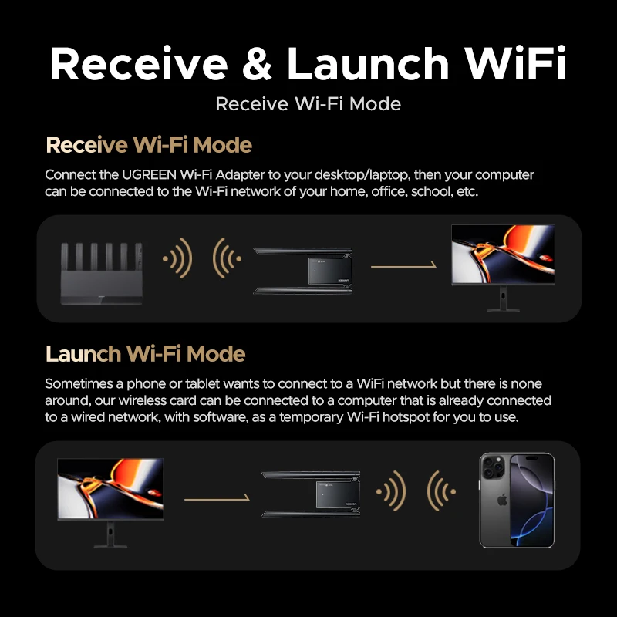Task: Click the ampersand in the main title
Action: point(257,63)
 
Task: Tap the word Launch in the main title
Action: point(368,63)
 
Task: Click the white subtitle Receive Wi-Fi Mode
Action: point(308,104)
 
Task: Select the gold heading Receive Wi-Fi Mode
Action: point(149,145)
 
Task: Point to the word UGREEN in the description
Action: point(149,174)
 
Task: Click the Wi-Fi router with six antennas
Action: point(101,273)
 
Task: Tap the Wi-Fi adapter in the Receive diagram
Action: point(302,271)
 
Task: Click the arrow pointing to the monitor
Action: point(403,265)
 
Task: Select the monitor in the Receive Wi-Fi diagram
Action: point(503,268)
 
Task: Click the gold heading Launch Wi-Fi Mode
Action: point(146,353)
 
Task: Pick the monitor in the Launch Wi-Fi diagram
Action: point(110,503)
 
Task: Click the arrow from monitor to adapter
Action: point(217,498)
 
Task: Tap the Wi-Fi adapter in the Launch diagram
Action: point(311,494)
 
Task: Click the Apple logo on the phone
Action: point(502,501)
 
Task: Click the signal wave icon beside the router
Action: point(178,258)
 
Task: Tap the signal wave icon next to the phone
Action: point(441,491)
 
